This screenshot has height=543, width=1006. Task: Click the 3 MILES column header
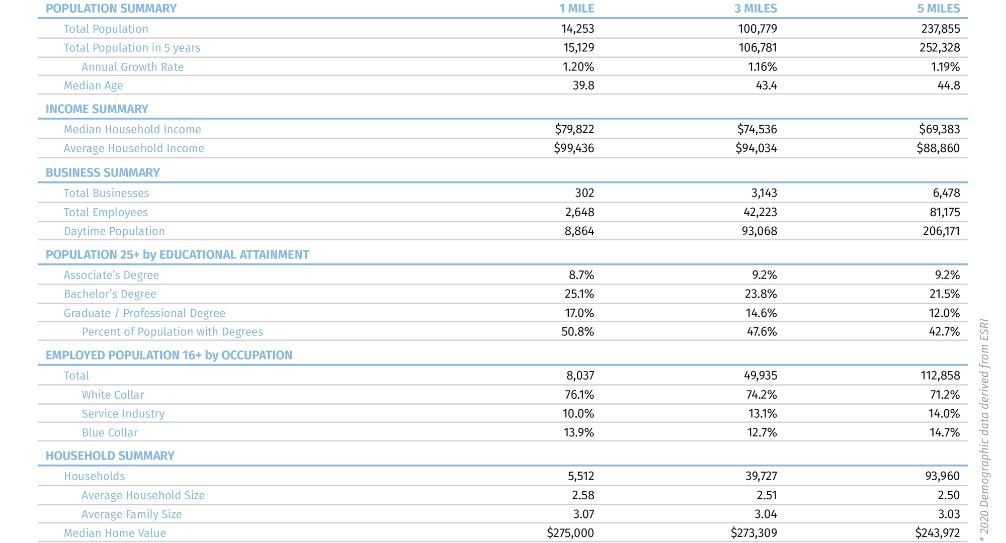(x=756, y=9)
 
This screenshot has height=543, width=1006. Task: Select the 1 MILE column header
(x=576, y=9)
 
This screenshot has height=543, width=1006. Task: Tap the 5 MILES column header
(x=939, y=9)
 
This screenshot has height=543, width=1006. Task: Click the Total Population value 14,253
(x=577, y=29)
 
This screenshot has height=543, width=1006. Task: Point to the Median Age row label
(x=93, y=85)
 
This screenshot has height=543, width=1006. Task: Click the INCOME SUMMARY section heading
(x=97, y=109)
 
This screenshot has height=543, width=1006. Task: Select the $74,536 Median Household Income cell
(x=757, y=129)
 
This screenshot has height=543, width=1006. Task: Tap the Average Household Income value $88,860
(x=938, y=148)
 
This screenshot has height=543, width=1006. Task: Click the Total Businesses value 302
(x=584, y=193)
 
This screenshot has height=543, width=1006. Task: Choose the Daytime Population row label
(x=114, y=231)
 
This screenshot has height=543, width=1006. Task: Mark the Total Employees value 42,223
(x=760, y=212)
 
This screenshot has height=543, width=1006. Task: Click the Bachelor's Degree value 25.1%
(x=579, y=294)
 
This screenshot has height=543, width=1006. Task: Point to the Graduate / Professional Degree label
(x=144, y=313)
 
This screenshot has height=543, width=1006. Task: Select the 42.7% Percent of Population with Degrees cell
(x=944, y=332)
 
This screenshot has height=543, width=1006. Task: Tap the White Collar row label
(x=113, y=395)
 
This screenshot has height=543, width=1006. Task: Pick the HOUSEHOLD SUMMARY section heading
(x=110, y=456)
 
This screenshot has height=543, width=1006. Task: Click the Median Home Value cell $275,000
(x=570, y=533)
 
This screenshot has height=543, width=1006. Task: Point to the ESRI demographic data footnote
(x=984, y=430)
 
